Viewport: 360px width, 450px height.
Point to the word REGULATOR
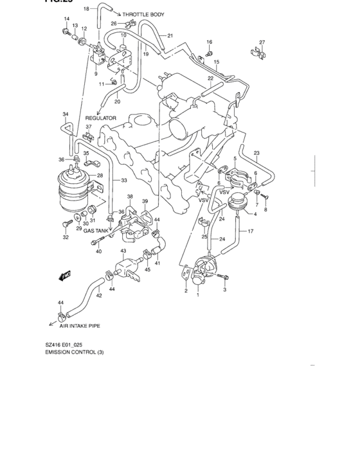[101, 118]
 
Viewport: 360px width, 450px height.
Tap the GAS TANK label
[97, 230]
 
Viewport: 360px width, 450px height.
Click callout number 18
[87, 8]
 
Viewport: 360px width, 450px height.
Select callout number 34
[65, 114]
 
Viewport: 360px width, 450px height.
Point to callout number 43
[123, 251]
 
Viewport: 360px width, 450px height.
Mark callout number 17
[251, 231]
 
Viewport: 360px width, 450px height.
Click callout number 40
[99, 251]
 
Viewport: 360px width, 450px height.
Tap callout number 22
[210, 78]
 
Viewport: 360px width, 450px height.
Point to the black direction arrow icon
[64, 276]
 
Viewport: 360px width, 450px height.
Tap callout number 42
[99, 296]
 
